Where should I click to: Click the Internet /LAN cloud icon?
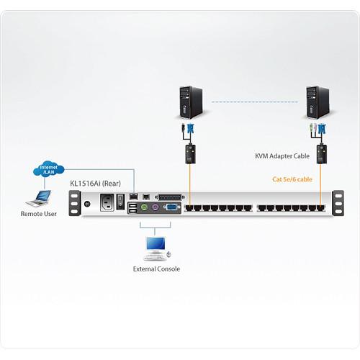(x=49, y=171)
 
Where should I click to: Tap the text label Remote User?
(x=40, y=214)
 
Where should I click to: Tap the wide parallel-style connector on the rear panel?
(x=171, y=197)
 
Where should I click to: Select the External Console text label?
(x=156, y=269)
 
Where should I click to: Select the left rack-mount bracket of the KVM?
(x=73, y=204)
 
